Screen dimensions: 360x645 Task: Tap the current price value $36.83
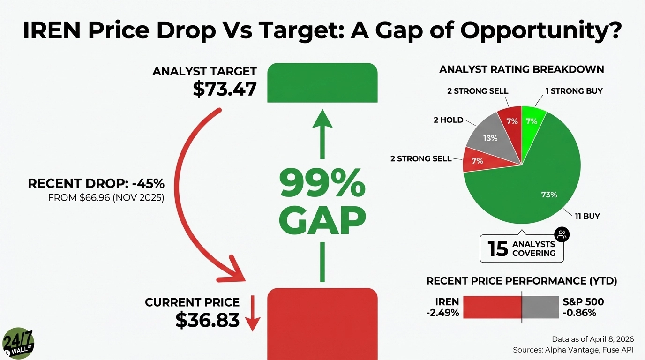click(207, 320)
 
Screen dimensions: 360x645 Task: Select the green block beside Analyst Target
click(322, 82)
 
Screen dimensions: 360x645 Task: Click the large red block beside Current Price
click(322, 323)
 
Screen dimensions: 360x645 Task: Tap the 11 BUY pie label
click(587, 217)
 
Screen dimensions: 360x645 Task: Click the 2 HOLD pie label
click(448, 120)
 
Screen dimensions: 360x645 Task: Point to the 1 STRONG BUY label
click(574, 91)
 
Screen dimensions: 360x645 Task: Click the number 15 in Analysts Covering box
click(498, 249)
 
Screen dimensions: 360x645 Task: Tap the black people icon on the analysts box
click(562, 235)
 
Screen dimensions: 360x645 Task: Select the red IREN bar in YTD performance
click(492, 307)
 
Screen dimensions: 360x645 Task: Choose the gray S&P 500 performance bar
click(540, 307)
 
